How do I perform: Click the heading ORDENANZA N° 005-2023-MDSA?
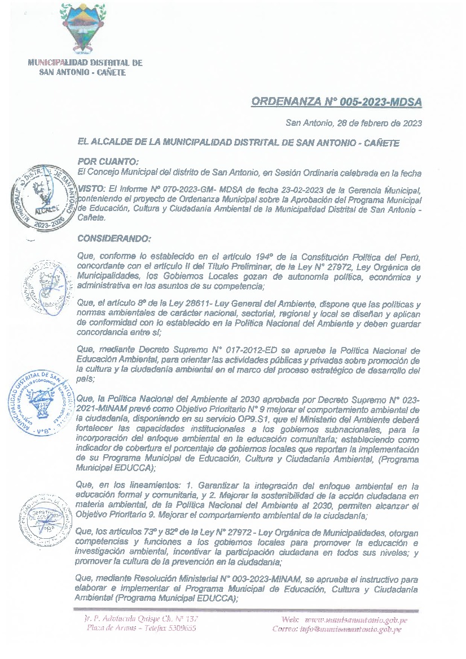click(x=336, y=102)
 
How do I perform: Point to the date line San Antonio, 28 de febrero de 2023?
click(x=354, y=123)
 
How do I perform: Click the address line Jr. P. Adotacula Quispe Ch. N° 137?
click(x=140, y=620)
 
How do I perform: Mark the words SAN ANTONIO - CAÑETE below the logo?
click(x=82, y=73)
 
